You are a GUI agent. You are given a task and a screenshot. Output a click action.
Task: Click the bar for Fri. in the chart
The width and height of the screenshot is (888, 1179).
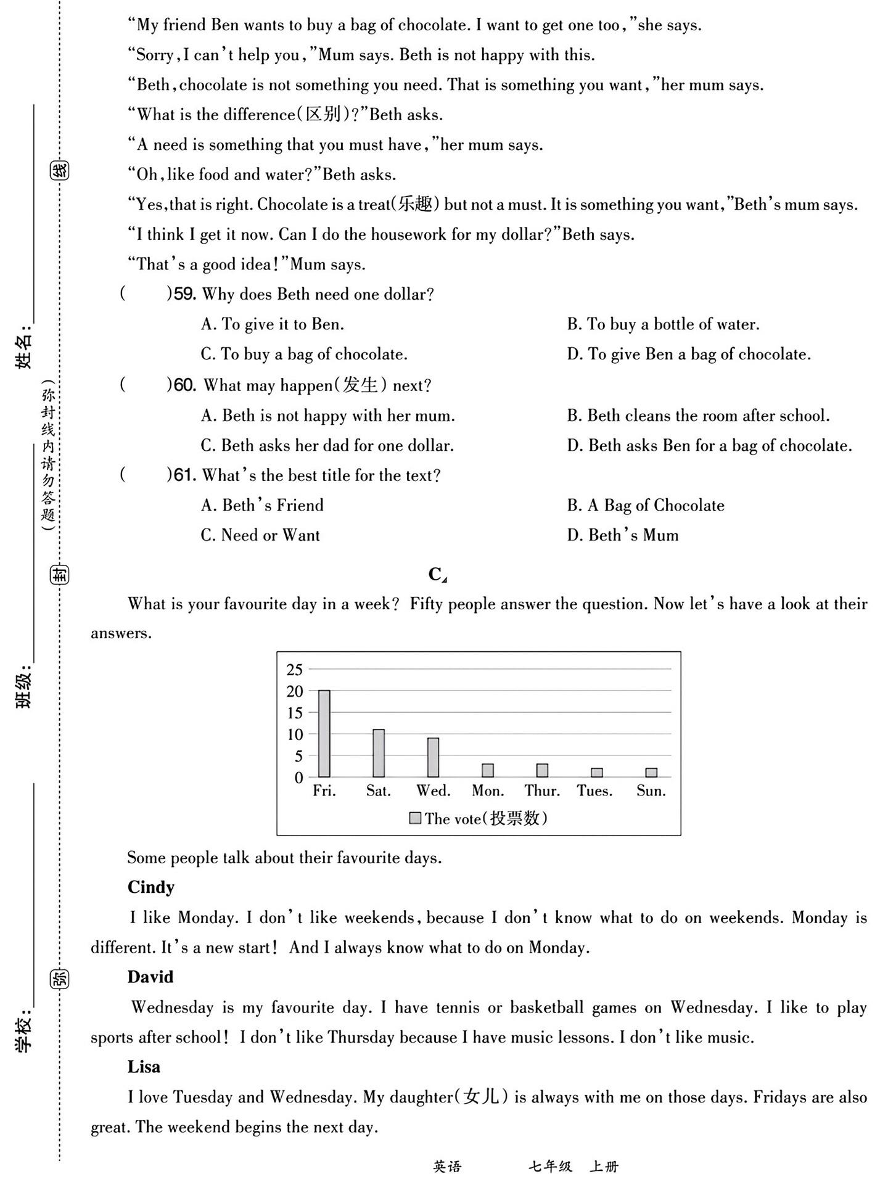(x=324, y=734)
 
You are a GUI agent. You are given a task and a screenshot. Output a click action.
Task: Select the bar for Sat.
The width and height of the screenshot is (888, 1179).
(x=379, y=754)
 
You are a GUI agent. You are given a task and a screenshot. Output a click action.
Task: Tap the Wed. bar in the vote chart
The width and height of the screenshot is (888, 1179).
(x=433, y=758)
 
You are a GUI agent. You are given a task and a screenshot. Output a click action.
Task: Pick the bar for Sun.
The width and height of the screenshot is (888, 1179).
(x=651, y=773)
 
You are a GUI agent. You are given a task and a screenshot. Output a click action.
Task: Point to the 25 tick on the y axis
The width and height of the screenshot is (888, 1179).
(x=295, y=670)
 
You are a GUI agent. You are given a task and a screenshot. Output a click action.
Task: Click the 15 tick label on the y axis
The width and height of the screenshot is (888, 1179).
(x=295, y=713)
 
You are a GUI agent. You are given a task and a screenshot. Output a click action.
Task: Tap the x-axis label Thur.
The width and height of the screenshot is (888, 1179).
(x=542, y=791)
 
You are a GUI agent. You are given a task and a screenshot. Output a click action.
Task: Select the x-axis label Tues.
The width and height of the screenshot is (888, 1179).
(x=594, y=791)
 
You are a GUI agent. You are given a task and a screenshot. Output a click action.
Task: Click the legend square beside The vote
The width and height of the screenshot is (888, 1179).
(x=416, y=818)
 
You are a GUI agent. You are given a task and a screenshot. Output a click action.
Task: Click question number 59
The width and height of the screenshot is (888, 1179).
(x=185, y=294)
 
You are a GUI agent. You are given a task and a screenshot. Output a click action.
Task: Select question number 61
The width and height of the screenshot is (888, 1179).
(x=185, y=475)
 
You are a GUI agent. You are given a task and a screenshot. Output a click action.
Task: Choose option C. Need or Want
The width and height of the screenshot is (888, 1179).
(x=260, y=535)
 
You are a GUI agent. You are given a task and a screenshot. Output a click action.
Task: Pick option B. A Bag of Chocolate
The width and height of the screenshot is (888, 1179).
(x=646, y=506)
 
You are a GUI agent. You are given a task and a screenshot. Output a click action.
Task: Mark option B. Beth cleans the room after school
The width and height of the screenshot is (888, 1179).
(x=698, y=416)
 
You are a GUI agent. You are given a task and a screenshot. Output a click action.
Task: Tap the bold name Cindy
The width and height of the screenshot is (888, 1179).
(x=151, y=887)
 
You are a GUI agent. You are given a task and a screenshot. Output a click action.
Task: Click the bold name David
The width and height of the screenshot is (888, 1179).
(x=150, y=977)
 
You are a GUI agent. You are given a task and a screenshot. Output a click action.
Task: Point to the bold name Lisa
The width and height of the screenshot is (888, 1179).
(x=144, y=1067)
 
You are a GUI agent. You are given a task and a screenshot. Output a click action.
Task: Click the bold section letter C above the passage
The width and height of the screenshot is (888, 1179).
(x=435, y=574)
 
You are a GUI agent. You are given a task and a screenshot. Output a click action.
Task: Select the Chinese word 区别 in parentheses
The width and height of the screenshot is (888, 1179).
(x=324, y=115)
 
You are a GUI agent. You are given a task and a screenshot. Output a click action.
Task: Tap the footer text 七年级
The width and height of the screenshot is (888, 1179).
(x=550, y=1167)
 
